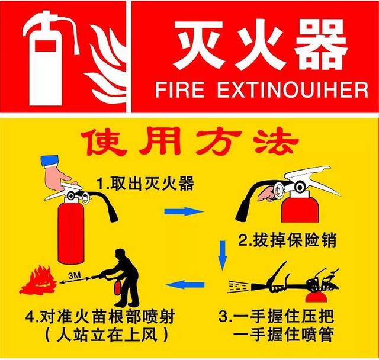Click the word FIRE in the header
(180, 90)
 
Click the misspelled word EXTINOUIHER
(293, 90)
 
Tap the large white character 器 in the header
(322, 44)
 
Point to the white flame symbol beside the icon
(107, 64)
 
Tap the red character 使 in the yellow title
(104, 143)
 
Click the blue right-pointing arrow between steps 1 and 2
(184, 211)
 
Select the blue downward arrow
(223, 255)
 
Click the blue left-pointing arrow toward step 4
(185, 285)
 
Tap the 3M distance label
(75, 275)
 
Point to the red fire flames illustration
(38, 281)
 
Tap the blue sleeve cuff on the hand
(50, 160)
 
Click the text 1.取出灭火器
(145, 183)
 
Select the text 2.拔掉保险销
(287, 240)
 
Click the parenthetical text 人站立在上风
(107, 335)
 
